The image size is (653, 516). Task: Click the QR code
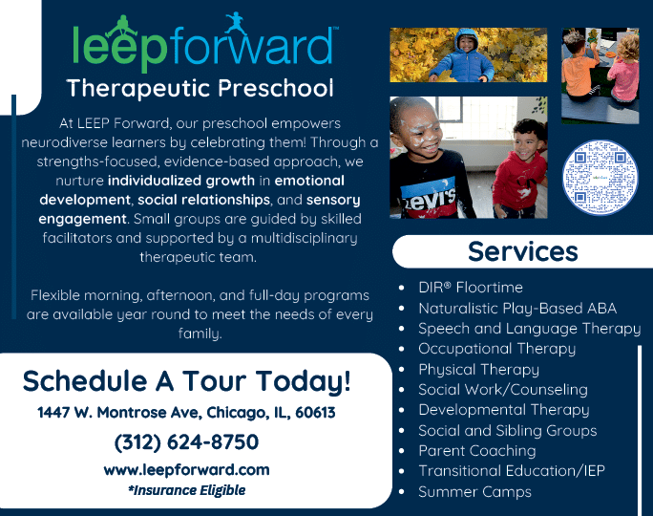[600, 178]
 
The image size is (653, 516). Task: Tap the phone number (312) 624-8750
[186, 441]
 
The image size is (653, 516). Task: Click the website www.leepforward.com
[186, 470]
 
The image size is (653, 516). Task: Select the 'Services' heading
[522, 251]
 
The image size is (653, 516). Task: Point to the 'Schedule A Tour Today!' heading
[186, 381]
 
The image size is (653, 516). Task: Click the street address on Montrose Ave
[186, 412]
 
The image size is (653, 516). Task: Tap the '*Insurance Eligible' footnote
[186, 490]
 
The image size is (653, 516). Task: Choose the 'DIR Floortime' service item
[471, 288]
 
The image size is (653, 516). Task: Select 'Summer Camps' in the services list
[474, 492]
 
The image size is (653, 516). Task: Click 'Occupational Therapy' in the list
[496, 349]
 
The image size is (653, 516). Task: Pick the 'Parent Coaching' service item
[477, 451]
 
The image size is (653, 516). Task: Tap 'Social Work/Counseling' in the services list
[503, 389]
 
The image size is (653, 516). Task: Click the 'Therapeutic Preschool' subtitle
[200, 88]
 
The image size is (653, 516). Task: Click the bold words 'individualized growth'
[181, 181]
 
